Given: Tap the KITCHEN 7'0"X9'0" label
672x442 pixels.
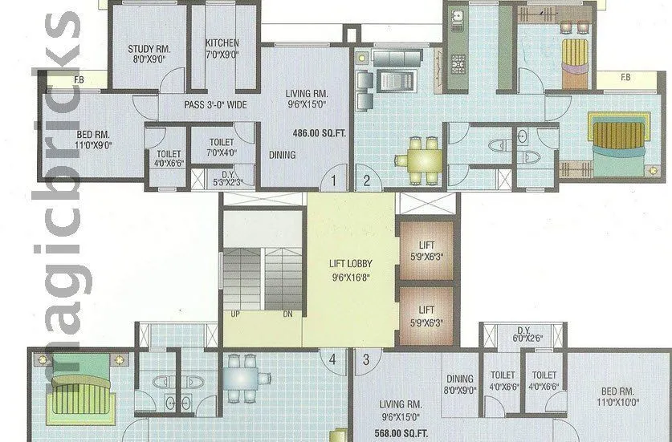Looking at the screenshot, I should [x=222, y=49].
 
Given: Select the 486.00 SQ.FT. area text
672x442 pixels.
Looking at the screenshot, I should [x=319, y=133].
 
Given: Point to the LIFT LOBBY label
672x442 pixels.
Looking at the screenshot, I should [x=350, y=269].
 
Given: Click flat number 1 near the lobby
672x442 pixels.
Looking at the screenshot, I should [x=334, y=180].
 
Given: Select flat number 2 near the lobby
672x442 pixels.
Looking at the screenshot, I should [x=366, y=180].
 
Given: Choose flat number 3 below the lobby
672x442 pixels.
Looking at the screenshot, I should [x=366, y=359].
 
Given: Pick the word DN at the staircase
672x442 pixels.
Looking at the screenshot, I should [x=287, y=314].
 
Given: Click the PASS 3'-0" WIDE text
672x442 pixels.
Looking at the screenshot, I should [x=215, y=105].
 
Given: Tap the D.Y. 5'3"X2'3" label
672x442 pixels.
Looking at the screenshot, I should [x=227, y=177].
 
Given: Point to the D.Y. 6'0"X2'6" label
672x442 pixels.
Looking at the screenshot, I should [x=523, y=335].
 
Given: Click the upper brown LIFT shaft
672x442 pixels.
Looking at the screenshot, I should [x=426, y=251].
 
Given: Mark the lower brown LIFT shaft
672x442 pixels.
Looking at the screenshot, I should [x=426, y=315].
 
